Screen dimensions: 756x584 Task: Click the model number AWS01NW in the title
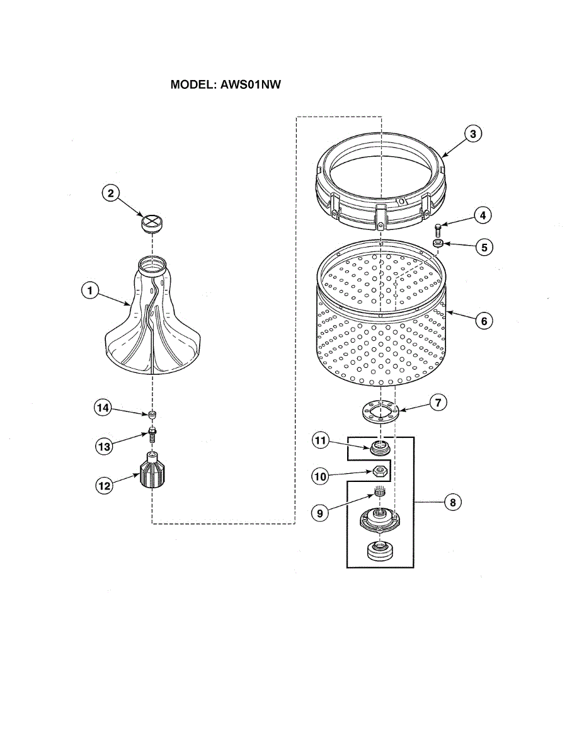249,85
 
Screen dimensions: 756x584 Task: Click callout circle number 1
90,290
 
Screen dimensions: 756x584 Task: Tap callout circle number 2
110,194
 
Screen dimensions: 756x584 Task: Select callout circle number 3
474,134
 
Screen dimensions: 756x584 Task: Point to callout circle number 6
484,321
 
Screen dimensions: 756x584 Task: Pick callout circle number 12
104,485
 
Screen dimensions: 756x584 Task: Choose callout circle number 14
103,408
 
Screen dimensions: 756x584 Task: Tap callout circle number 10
320,476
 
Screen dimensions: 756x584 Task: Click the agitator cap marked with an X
151,222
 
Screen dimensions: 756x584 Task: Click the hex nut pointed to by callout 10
379,471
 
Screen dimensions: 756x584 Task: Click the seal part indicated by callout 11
379,448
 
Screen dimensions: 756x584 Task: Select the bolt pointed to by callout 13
152,433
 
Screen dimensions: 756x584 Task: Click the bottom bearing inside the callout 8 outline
379,552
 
